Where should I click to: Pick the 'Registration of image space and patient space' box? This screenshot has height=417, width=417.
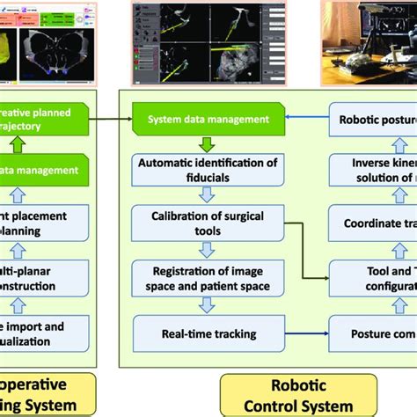(x=208, y=277)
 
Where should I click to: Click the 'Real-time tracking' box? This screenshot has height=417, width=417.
(x=209, y=334)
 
